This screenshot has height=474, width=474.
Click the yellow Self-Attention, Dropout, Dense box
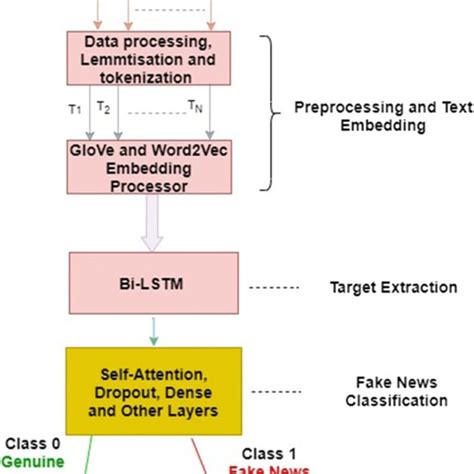(153, 390)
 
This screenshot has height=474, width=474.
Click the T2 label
(103, 106)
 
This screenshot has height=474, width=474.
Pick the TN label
(197, 106)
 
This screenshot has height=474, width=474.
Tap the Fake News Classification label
(395, 391)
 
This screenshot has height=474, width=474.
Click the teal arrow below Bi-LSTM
(153, 328)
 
